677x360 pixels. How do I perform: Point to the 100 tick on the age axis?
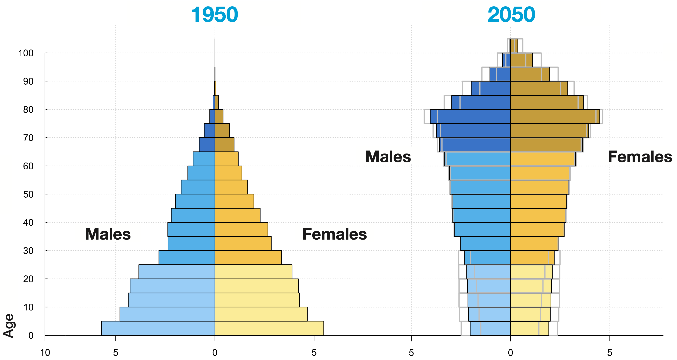(26, 53)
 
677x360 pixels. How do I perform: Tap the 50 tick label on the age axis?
(28, 194)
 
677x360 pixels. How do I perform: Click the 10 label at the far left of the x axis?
(45, 353)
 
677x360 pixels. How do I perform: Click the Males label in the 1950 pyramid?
(108, 234)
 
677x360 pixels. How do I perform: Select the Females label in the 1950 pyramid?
(334, 234)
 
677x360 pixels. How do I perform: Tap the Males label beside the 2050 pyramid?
(388, 157)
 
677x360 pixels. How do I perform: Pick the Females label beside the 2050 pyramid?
(640, 157)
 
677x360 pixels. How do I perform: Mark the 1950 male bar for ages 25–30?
(187, 258)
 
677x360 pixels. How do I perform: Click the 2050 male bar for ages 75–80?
(470, 116)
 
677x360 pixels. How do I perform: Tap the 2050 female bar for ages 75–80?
(555, 116)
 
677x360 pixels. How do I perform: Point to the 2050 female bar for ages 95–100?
(521, 60)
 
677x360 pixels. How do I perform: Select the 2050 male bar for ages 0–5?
(490, 328)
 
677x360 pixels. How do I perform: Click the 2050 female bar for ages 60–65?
(543, 159)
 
